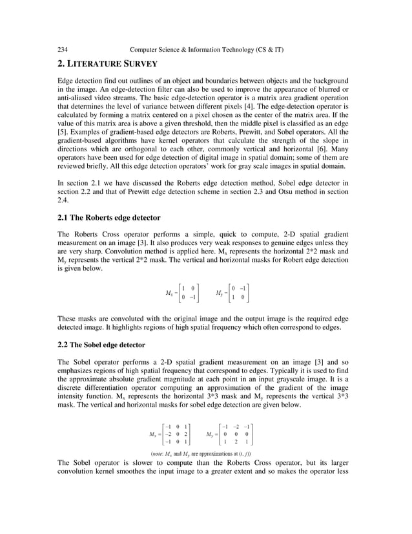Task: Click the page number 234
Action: (63, 50)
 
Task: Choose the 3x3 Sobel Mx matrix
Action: (170, 433)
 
